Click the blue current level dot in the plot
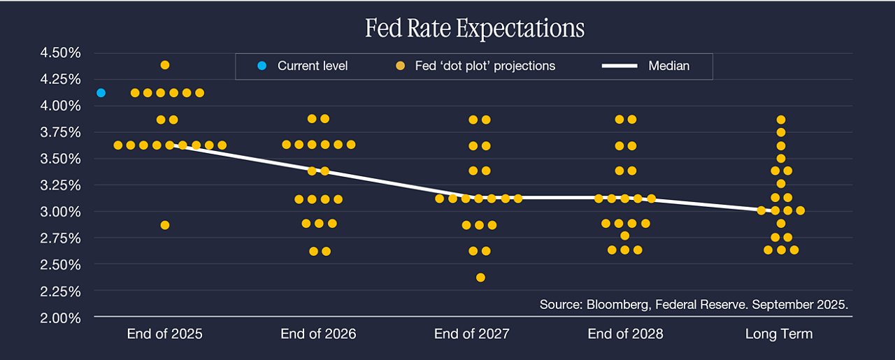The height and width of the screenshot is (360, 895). tap(101, 93)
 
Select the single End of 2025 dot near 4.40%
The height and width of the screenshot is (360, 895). tap(165, 65)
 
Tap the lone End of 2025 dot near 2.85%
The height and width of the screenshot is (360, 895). tap(165, 225)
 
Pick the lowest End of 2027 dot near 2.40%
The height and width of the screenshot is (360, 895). tap(480, 278)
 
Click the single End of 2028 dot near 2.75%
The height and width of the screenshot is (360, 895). tap(625, 236)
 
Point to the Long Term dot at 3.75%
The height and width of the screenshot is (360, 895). tap(781, 132)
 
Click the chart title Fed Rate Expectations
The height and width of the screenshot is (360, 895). tap(475, 28)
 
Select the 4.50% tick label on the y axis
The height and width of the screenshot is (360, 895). tap(60, 52)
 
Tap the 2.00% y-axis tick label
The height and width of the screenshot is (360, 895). tap(60, 318)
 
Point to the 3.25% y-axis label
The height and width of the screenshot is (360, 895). tap(60, 185)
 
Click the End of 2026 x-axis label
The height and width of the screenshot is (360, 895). tap(318, 333)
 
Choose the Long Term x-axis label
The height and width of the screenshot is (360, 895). tap(779, 334)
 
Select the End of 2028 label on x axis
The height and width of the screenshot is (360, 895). tap(625, 333)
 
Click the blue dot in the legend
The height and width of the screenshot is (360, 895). tap(262, 66)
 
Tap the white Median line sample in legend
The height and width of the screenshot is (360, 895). tap(620, 66)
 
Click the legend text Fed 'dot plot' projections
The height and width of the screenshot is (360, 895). tap(485, 66)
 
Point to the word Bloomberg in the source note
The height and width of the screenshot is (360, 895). tap(617, 305)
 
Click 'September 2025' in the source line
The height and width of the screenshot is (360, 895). tap(800, 305)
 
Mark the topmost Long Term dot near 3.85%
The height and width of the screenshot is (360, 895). tap(781, 120)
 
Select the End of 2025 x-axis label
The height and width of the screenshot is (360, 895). tap(164, 333)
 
